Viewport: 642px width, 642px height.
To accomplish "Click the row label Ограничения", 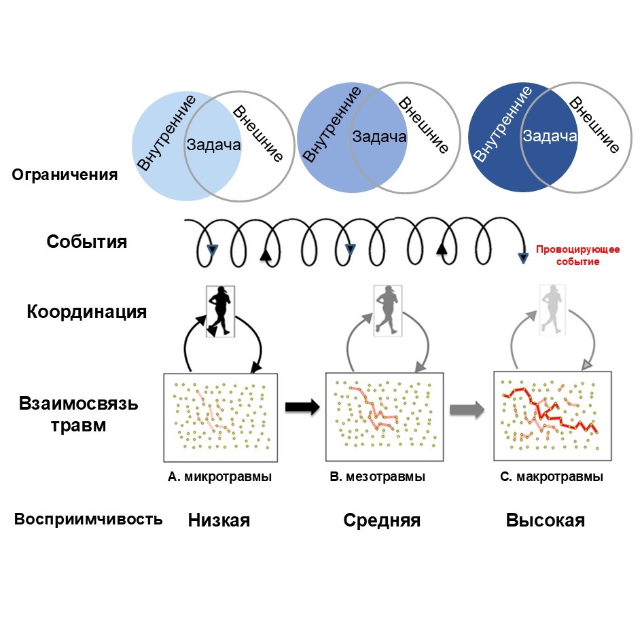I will click(65, 175).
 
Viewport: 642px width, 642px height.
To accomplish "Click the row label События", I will click(86, 242).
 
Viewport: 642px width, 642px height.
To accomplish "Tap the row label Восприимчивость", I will click(88, 520).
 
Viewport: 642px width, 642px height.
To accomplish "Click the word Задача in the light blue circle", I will click(213, 145).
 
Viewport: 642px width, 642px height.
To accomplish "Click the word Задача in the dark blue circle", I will click(550, 137).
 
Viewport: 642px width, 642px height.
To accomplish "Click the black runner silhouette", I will click(220, 311).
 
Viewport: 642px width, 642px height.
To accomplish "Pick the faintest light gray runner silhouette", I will click(552, 308).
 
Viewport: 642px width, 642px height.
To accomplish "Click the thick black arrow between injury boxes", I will click(302, 408).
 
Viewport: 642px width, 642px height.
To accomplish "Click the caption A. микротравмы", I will click(219, 477).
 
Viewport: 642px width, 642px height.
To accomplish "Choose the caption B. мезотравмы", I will click(377, 477).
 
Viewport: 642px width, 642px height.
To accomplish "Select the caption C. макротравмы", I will click(551, 477).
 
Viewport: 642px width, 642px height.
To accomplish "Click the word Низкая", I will click(219, 521).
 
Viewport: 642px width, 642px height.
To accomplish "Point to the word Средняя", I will click(382, 521).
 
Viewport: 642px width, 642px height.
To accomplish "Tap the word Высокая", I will click(546, 521).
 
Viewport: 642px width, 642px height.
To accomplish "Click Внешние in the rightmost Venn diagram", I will click(594, 126).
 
